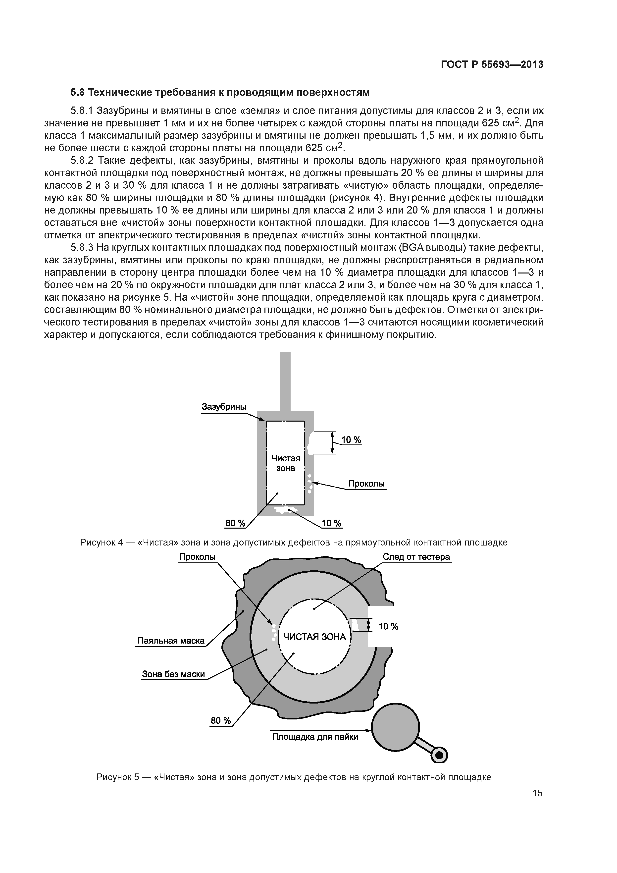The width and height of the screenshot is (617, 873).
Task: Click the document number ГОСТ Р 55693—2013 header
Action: (x=492, y=65)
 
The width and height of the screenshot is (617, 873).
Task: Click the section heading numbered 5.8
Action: (x=220, y=92)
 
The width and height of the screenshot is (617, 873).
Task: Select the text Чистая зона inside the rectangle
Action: (x=286, y=463)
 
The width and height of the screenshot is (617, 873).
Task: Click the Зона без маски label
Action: (x=173, y=674)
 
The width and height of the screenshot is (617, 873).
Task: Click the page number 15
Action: (x=537, y=793)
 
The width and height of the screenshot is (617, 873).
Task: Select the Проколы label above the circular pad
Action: (x=197, y=557)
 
